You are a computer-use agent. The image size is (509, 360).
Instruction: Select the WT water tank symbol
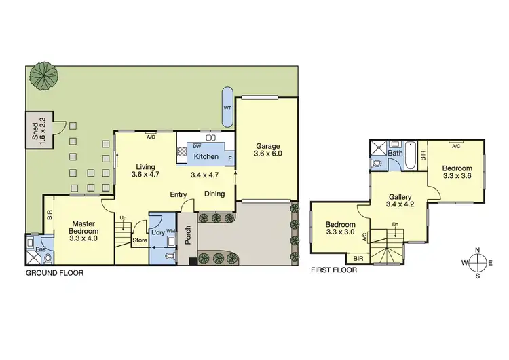227,108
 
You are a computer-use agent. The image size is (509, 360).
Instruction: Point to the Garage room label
267,149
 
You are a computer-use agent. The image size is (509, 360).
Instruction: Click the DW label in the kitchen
197,146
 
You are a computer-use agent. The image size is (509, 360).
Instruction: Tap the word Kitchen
206,157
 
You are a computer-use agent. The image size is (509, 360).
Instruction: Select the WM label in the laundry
170,231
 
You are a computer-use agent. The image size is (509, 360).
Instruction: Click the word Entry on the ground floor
178,194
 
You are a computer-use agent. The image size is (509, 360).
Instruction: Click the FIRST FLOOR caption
334,270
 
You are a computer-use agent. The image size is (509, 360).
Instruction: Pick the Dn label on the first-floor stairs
395,225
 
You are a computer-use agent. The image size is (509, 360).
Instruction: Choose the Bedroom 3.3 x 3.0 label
339,229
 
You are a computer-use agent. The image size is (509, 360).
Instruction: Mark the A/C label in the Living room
150,137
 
